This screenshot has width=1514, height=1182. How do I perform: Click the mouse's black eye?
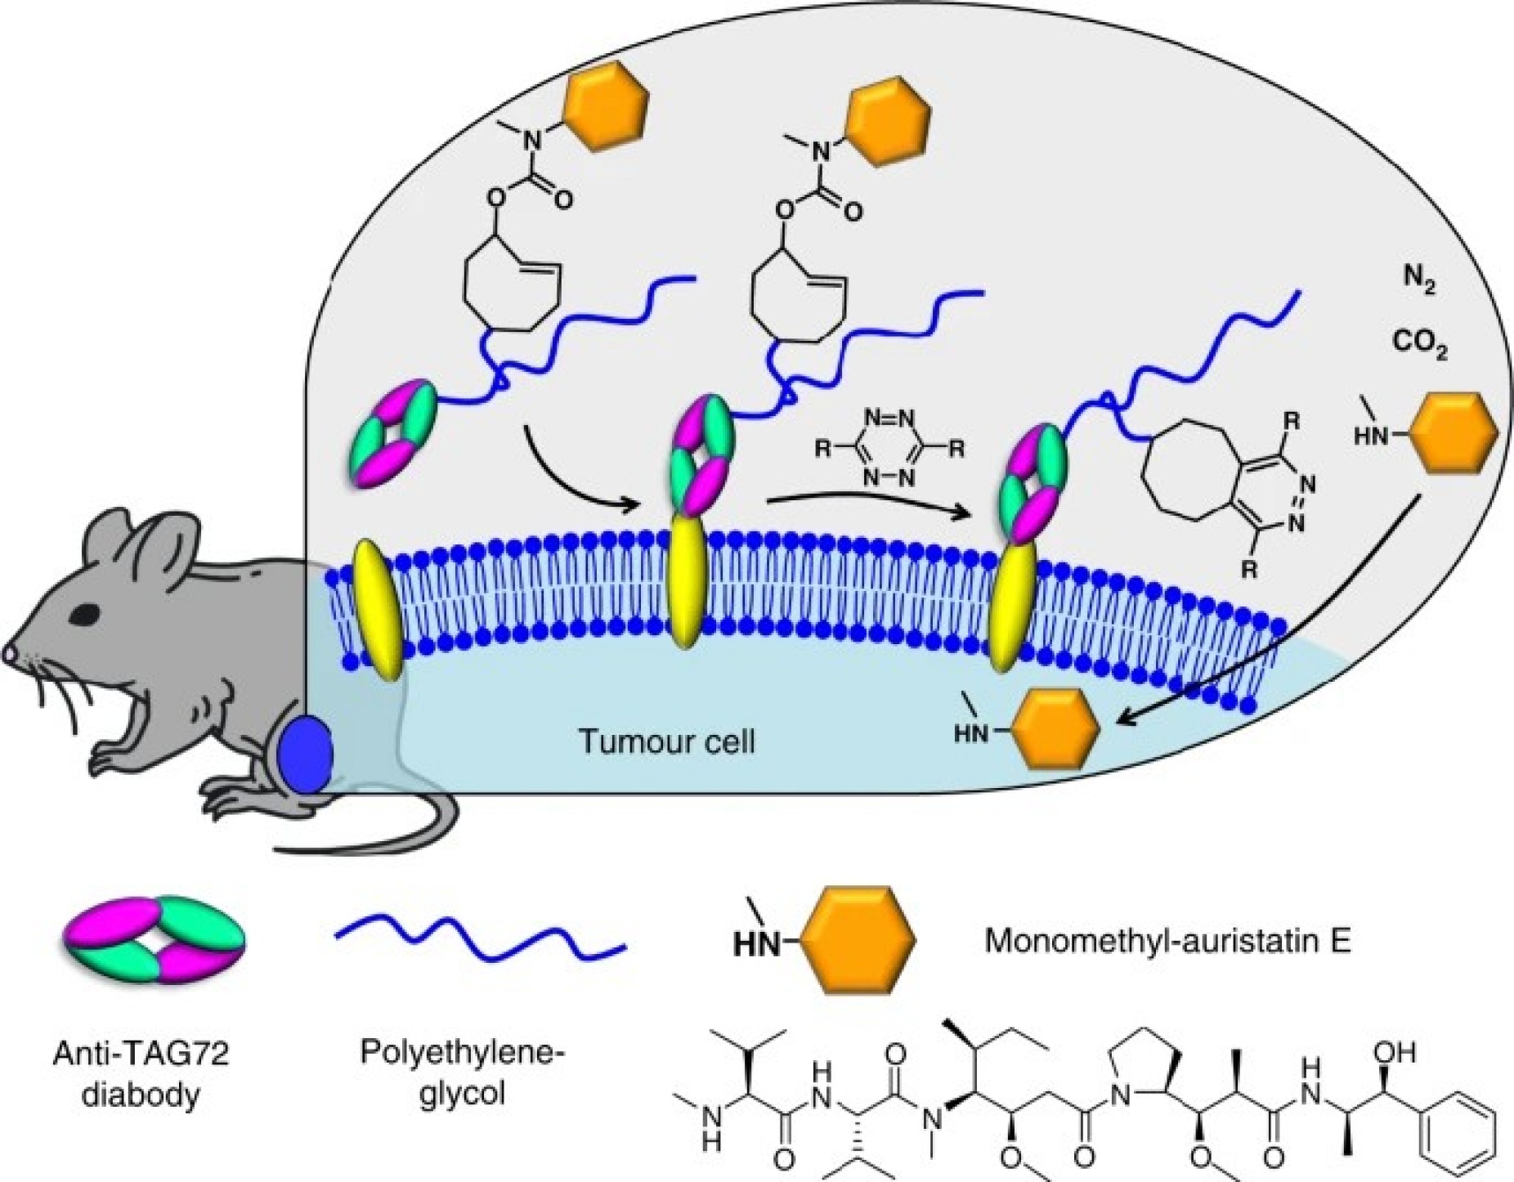pyautogui.click(x=84, y=612)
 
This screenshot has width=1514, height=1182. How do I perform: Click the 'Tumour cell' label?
pyautogui.click(x=666, y=741)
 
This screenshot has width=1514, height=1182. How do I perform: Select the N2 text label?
pyautogui.click(x=1419, y=282)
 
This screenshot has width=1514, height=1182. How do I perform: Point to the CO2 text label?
pyautogui.click(x=1420, y=345)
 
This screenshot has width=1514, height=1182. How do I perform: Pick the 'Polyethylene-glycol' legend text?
pyautogui.click(x=463, y=1071)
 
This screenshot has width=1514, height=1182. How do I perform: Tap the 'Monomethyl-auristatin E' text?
pyautogui.click(x=1168, y=941)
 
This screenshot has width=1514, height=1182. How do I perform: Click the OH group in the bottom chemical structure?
pyautogui.click(x=1395, y=1051)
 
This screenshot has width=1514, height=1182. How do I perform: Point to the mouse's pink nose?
pyautogui.click(x=9, y=653)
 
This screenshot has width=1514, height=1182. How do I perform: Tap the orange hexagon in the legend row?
pyautogui.click(x=857, y=940)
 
